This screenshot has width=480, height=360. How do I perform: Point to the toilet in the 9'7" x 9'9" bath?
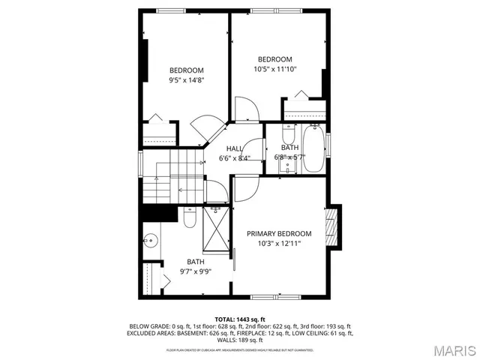(190, 218)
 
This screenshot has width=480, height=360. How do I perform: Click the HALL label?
(235, 148)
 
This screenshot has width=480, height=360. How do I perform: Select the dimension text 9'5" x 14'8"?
(186, 79)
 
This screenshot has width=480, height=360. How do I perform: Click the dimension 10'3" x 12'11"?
(279, 244)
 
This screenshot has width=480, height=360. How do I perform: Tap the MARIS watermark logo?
(448, 350)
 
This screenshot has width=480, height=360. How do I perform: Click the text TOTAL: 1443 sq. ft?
(240, 319)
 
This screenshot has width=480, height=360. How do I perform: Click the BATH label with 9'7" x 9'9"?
(195, 261)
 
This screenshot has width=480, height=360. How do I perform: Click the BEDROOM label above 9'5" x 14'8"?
(186, 70)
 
